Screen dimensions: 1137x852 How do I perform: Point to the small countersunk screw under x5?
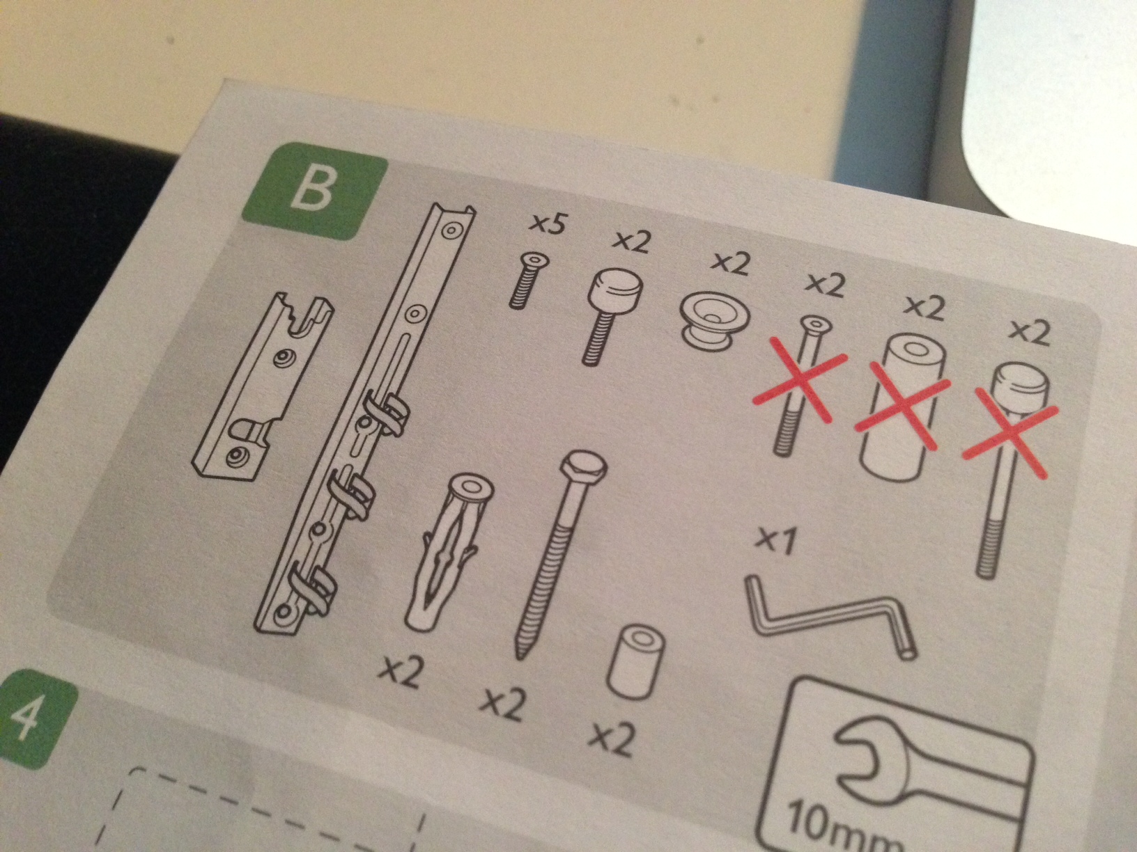(x=527, y=279)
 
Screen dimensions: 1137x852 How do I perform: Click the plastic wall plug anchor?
(x=449, y=551)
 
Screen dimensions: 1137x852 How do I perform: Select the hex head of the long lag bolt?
(x=583, y=465)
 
